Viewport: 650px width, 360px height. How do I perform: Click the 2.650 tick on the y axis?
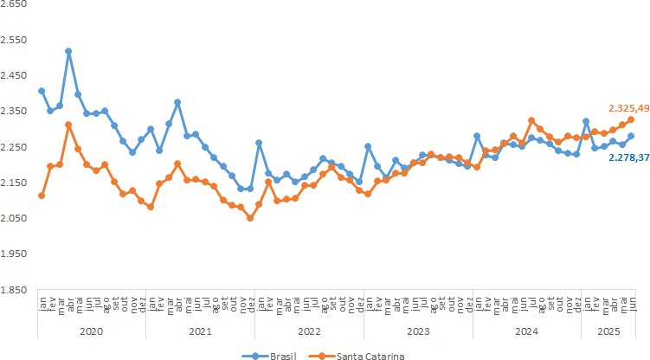point(15,4)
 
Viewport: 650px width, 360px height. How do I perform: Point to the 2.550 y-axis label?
point(15,40)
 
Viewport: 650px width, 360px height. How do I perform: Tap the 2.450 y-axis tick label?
point(15,75)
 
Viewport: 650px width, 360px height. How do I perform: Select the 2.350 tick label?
point(15,112)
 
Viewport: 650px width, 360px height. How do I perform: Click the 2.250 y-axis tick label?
point(15,147)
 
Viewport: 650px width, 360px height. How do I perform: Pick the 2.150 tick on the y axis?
point(15,183)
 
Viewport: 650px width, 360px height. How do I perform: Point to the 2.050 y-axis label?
point(15,218)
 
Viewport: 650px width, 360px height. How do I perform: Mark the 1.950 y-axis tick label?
point(15,254)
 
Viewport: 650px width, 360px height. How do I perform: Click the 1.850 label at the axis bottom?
point(15,290)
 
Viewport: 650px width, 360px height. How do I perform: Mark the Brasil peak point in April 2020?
point(68,51)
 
